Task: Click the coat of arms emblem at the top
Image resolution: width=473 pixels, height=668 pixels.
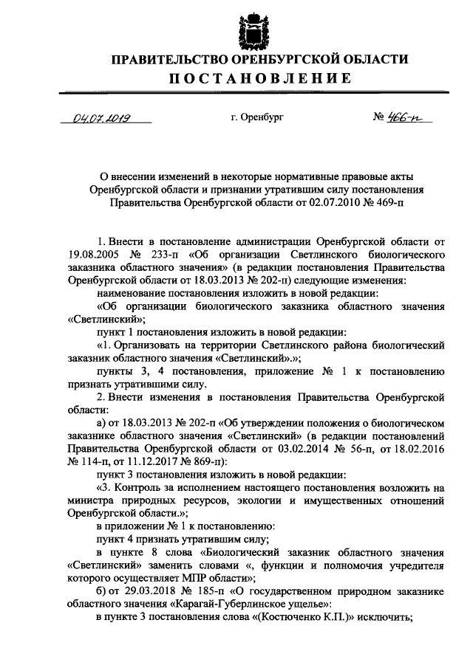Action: (x=250, y=28)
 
